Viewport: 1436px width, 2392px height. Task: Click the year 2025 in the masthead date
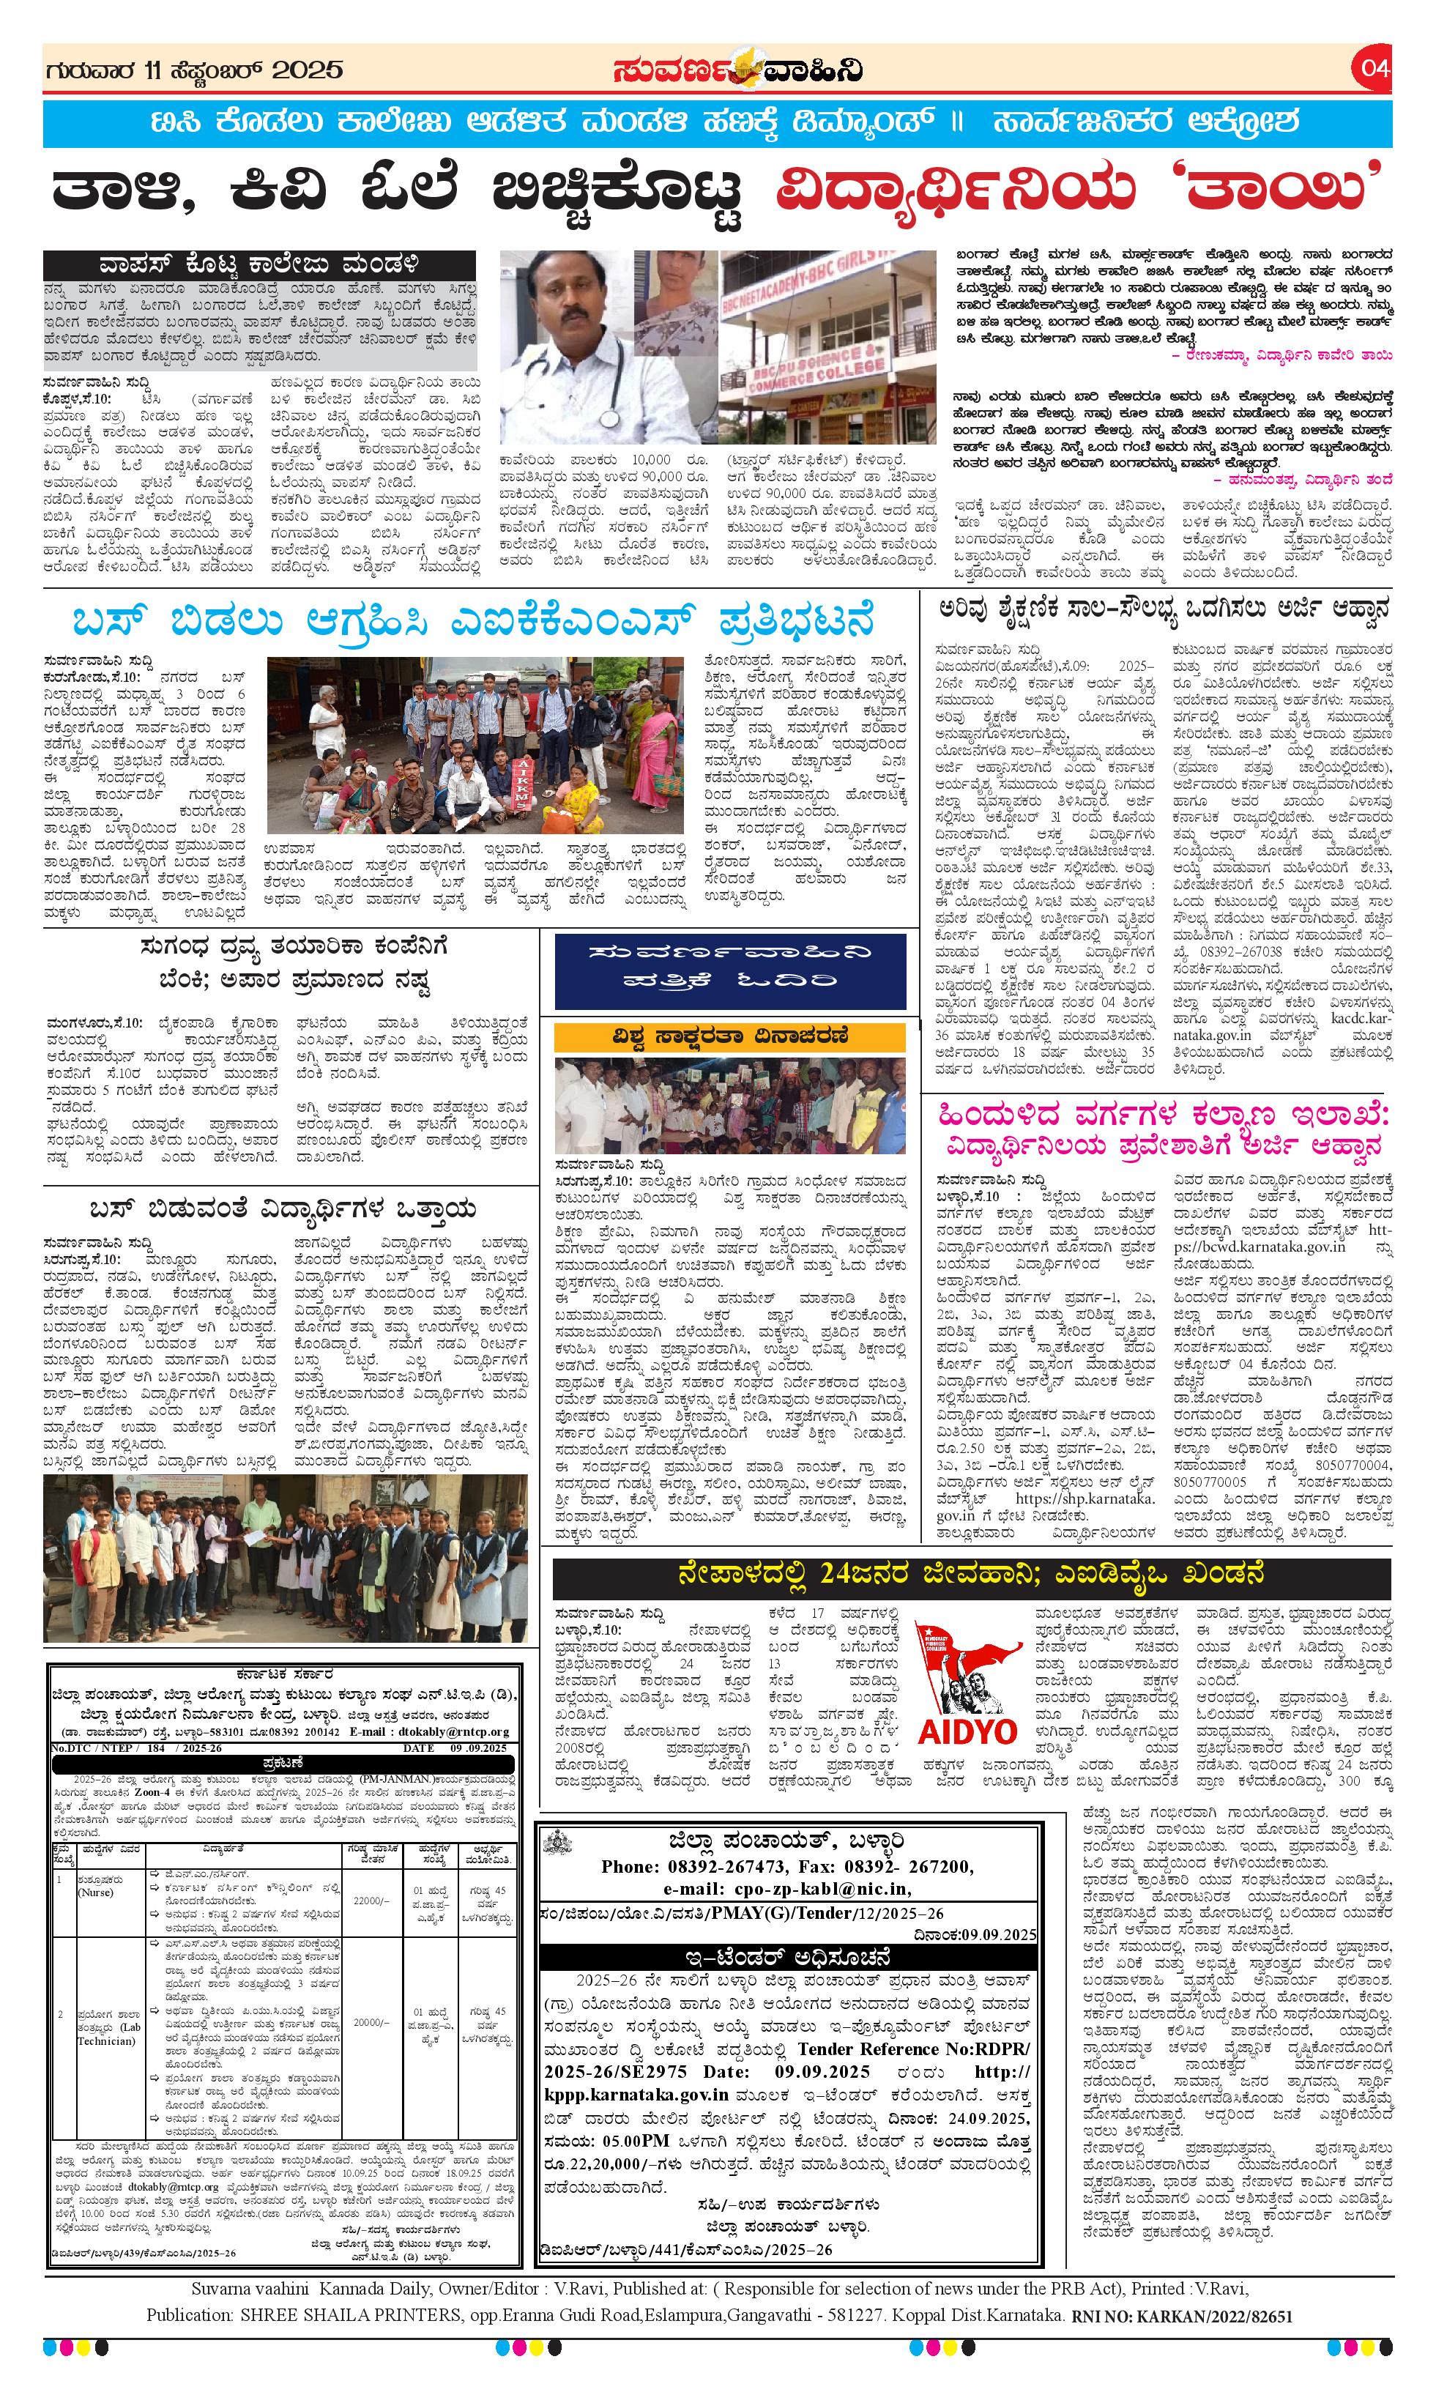point(307,70)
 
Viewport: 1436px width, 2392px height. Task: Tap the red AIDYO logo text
point(967,1729)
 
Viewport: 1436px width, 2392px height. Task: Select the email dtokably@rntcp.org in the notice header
point(454,1732)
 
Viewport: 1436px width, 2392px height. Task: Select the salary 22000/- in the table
point(371,1901)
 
